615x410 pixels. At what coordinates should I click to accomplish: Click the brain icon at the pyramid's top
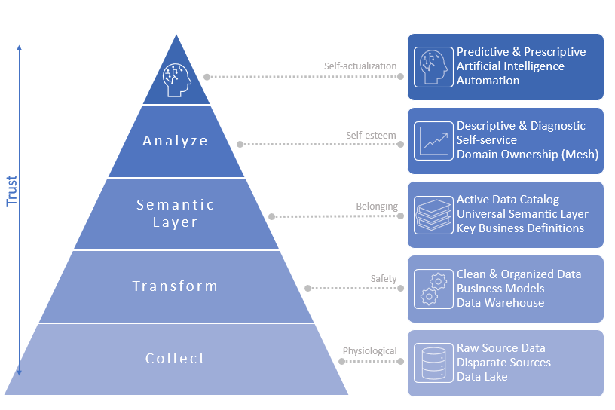tap(176, 77)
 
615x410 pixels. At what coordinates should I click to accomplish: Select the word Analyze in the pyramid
tap(176, 141)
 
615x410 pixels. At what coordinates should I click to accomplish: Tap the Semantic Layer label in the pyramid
tap(176, 213)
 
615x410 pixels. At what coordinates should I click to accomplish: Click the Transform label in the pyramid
tap(176, 286)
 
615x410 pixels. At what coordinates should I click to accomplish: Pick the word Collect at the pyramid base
tap(176, 359)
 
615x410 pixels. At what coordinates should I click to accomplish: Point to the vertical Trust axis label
tap(12, 191)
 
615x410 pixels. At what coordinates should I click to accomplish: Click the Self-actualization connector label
tap(360, 66)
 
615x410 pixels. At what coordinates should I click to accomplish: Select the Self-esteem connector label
tap(371, 136)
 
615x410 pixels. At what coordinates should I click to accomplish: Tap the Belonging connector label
tap(376, 206)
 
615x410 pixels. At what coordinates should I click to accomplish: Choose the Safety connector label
tap(383, 279)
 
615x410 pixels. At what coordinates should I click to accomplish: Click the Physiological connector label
tap(369, 351)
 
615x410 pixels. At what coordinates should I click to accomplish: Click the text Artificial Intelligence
tap(510, 66)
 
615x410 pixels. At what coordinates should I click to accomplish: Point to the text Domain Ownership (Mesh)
tap(528, 155)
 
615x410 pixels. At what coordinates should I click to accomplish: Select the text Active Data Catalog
tap(508, 200)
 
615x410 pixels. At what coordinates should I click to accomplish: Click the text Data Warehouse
tap(500, 303)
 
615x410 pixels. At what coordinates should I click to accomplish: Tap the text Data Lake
tap(482, 377)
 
